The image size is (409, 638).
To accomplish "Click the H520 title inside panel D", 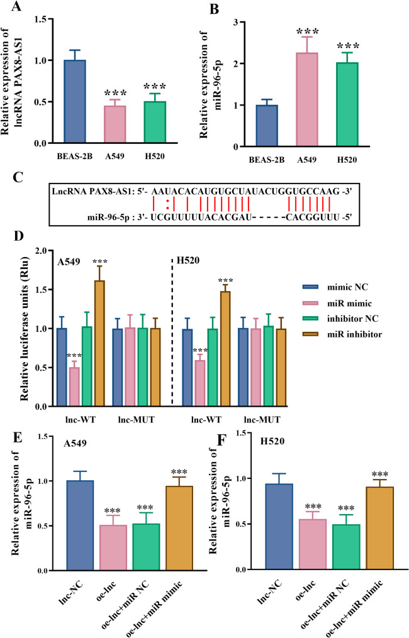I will click(x=194, y=260).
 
